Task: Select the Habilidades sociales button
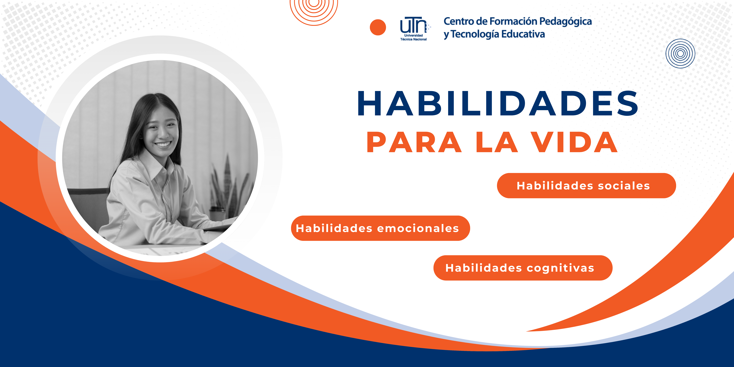[586, 186]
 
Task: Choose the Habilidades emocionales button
[380, 228]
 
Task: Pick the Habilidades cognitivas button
[523, 268]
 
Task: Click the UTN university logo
[415, 28]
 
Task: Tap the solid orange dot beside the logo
[378, 27]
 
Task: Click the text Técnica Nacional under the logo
[413, 39]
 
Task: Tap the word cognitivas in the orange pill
[560, 268]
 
